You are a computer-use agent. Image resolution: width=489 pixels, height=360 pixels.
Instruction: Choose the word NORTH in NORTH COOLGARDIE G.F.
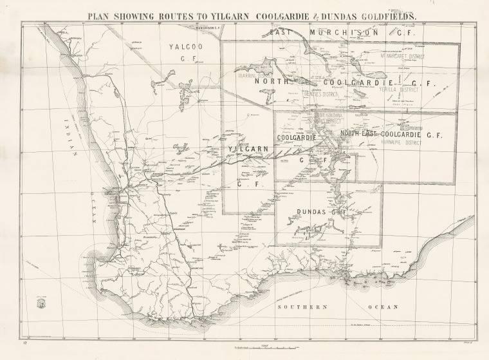pyautogui.click(x=269, y=82)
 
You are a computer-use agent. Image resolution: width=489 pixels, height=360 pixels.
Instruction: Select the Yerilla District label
pyautogui.click(x=399, y=90)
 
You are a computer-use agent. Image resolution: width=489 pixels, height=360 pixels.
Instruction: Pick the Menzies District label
pyautogui.click(x=320, y=93)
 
